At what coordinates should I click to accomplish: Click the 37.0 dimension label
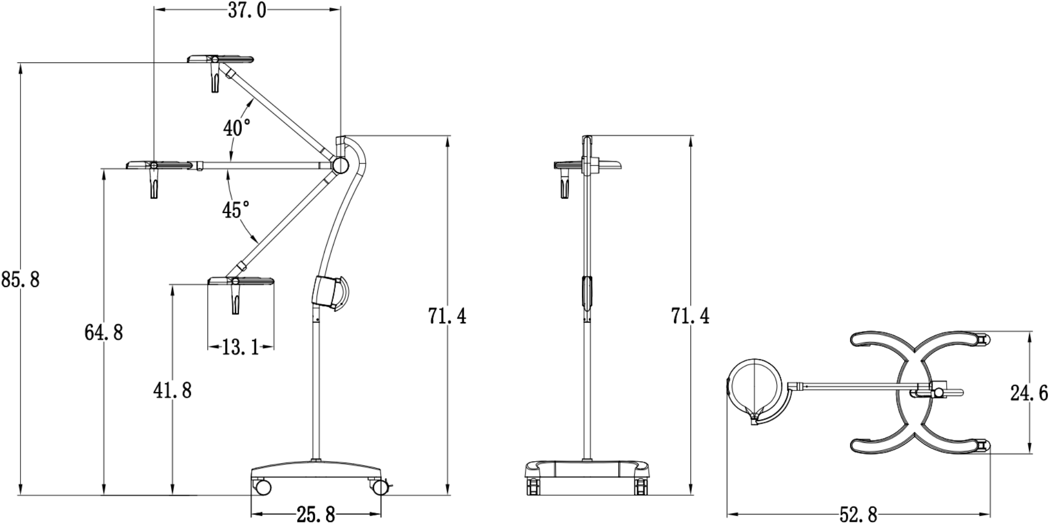247,10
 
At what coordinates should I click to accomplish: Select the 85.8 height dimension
20,279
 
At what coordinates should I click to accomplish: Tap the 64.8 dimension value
104,332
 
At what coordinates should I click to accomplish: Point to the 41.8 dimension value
172,390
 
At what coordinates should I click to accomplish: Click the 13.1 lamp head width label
241,347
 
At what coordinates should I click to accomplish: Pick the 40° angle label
237,128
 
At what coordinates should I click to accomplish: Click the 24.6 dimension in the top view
1029,392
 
